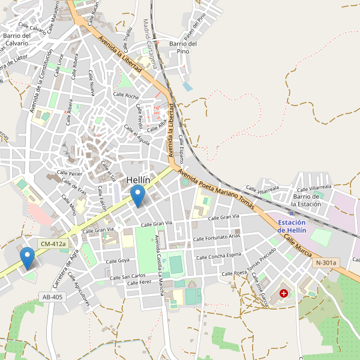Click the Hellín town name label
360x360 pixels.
coord(142,180)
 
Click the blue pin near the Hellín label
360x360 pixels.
coord(138,196)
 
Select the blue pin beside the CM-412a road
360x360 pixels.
coord(27,258)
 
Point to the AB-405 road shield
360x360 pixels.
coord(53,297)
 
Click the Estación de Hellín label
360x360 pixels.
coord(292,227)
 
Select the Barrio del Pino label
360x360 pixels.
coord(183,47)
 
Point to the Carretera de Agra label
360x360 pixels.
coord(66,269)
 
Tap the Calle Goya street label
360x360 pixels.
coord(118,261)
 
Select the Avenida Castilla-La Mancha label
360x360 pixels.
coord(159,265)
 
